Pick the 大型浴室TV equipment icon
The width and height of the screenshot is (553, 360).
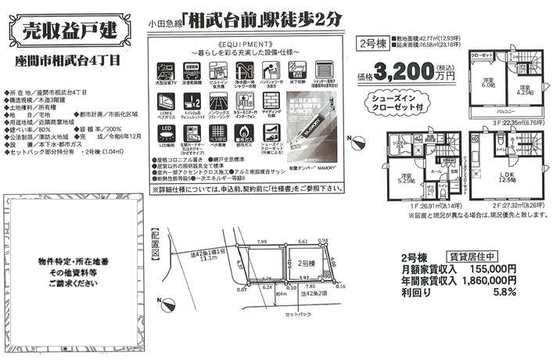(166, 71)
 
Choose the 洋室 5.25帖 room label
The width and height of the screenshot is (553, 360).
(407, 179)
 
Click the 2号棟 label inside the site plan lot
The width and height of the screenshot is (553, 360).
(307, 264)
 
